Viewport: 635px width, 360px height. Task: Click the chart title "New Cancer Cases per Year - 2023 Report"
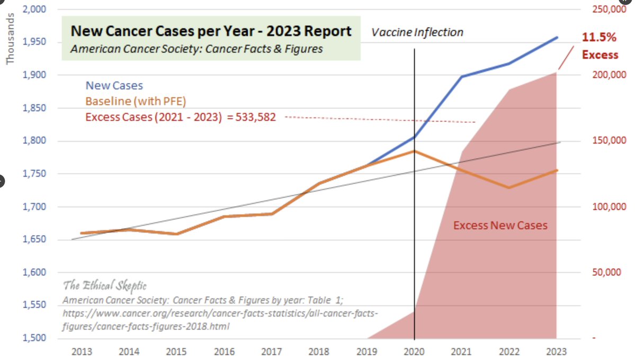(x=211, y=31)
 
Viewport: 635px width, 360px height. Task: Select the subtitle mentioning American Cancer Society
(x=196, y=49)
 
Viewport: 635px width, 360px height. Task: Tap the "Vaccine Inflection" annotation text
(x=417, y=32)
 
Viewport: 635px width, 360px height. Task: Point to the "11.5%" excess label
(x=600, y=38)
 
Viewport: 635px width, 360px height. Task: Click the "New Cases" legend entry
(x=114, y=85)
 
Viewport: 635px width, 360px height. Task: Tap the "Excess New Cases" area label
(x=500, y=226)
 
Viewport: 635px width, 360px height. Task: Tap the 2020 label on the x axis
(x=414, y=352)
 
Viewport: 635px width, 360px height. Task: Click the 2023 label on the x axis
(x=557, y=352)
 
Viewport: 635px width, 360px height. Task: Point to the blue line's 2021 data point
(x=462, y=76)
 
